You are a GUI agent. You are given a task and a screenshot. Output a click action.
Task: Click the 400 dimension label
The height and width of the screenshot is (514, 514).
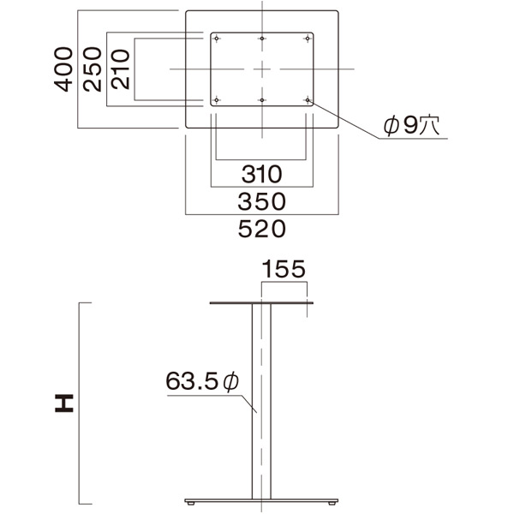(63, 69)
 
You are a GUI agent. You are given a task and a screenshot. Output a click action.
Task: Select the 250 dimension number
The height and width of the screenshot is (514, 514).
(93, 69)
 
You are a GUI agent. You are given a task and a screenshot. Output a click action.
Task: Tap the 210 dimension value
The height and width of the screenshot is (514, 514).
(120, 69)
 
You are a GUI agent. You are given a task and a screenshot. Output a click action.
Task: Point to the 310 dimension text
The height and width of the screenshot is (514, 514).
(261, 174)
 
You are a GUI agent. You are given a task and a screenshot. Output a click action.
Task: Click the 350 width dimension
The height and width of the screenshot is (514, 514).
(261, 201)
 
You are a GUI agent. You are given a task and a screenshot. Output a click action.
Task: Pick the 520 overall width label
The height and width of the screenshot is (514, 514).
(261, 229)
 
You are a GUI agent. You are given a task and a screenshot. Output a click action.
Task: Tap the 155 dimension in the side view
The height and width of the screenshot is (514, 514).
(284, 269)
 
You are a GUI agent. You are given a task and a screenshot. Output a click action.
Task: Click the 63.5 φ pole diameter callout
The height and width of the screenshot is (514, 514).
(202, 381)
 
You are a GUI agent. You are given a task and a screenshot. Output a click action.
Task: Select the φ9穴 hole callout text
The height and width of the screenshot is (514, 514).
(411, 125)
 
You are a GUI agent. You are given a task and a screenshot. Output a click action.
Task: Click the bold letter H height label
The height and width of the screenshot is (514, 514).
(64, 403)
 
